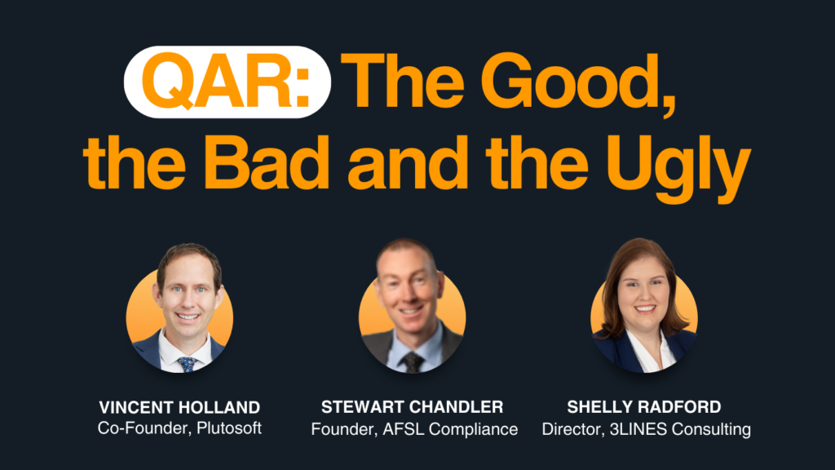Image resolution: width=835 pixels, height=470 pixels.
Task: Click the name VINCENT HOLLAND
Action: click(179, 407)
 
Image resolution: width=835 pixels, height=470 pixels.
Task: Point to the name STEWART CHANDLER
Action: click(413, 407)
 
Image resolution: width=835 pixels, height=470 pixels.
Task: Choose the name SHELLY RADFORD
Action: click(644, 407)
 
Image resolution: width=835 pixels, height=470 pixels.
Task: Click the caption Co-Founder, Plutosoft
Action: click(179, 428)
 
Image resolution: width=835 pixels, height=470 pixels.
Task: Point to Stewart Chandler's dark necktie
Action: click(413, 361)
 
